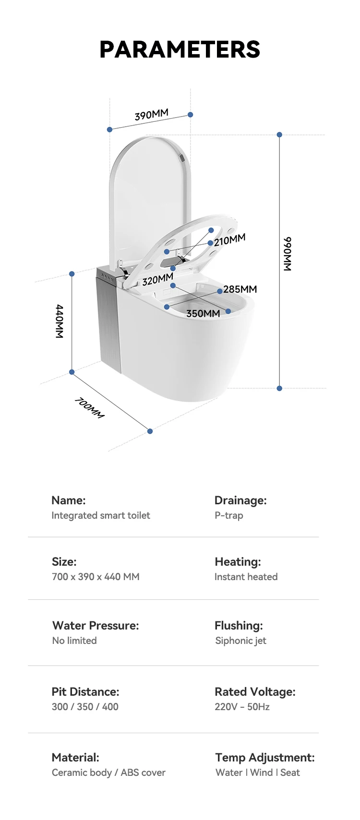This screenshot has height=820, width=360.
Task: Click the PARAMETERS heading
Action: pyautogui.click(x=180, y=49)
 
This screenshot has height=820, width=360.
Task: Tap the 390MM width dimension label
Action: pyautogui.click(x=151, y=115)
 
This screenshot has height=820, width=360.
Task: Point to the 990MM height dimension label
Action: pyautogui.click(x=287, y=254)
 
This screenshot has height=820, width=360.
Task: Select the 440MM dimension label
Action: pyautogui.click(x=60, y=321)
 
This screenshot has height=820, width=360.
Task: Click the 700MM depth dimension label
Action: pyautogui.click(x=89, y=408)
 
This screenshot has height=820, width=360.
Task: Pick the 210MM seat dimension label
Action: pyautogui.click(x=229, y=240)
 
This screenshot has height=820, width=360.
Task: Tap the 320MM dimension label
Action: pyautogui.click(x=157, y=279)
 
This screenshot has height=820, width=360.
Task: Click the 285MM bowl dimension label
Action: pyautogui.click(x=240, y=289)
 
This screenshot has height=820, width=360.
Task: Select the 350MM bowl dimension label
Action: pyautogui.click(x=203, y=313)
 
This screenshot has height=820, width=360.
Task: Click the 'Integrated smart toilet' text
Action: pyautogui.click(x=101, y=515)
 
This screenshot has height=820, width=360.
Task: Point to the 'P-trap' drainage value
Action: pyautogui.click(x=229, y=515)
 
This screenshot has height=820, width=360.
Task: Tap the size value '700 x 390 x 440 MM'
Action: pyautogui.click(x=96, y=577)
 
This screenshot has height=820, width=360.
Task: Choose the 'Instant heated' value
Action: pyautogui.click(x=246, y=577)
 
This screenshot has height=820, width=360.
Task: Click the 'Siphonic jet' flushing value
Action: pyautogui.click(x=240, y=641)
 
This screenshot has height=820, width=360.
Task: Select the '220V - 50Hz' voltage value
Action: pyautogui.click(x=242, y=707)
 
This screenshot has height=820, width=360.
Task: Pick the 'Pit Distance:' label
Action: pyautogui.click(x=85, y=691)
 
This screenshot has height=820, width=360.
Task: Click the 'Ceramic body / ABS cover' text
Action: pyautogui.click(x=108, y=772)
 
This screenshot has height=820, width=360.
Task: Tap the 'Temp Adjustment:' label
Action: pyautogui.click(x=265, y=757)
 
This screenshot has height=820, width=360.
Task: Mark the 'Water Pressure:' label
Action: pyautogui.click(x=96, y=625)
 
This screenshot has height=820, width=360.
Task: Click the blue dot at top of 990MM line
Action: pyautogui.click(x=279, y=135)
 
